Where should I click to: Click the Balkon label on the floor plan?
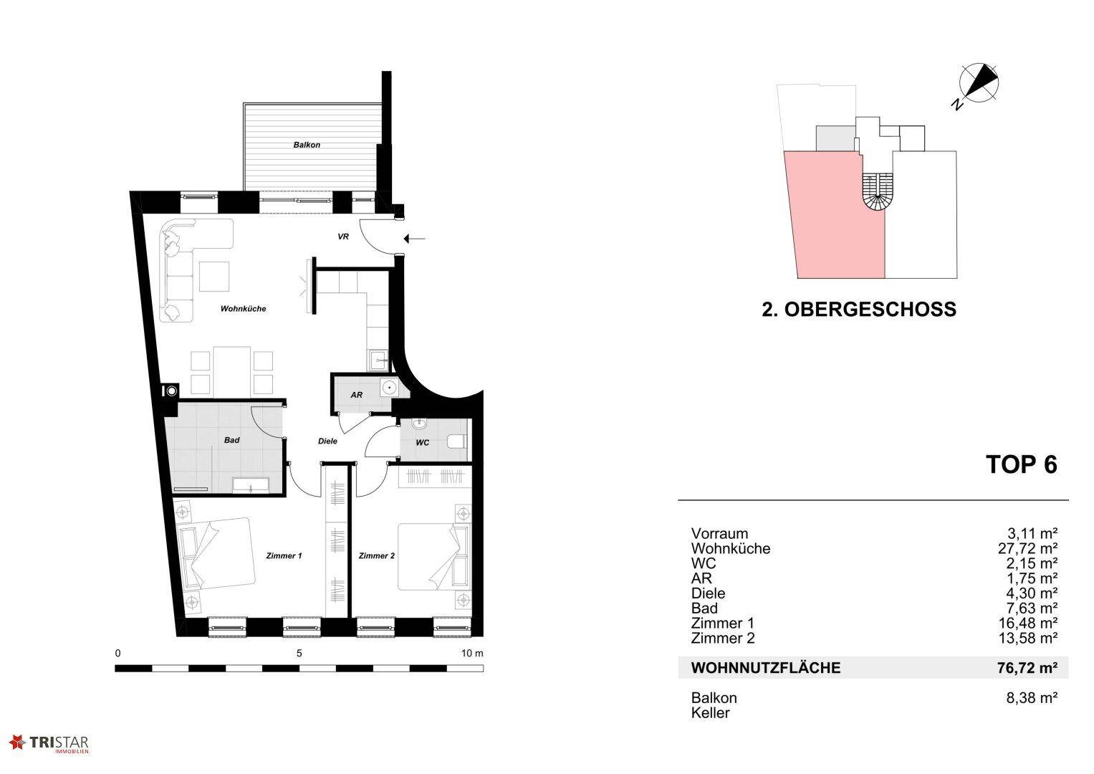click(x=307, y=145)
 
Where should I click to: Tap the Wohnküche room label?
click(x=243, y=308)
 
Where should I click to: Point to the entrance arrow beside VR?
click(x=414, y=239)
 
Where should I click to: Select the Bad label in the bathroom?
click(x=231, y=440)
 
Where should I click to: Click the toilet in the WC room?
click(x=456, y=441)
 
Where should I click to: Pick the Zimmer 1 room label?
click(x=284, y=555)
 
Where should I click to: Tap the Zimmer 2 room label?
click(x=377, y=555)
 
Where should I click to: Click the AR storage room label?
click(x=357, y=395)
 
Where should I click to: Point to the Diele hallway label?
click(x=327, y=441)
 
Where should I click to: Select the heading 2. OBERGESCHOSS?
click(x=858, y=310)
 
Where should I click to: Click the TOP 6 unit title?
click(x=1021, y=464)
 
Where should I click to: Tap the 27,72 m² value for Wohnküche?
click(x=1027, y=548)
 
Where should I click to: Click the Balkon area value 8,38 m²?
click(x=1032, y=698)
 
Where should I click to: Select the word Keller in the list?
click(x=710, y=713)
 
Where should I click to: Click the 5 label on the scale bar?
click(x=299, y=654)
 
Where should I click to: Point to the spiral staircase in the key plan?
click(x=878, y=193)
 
